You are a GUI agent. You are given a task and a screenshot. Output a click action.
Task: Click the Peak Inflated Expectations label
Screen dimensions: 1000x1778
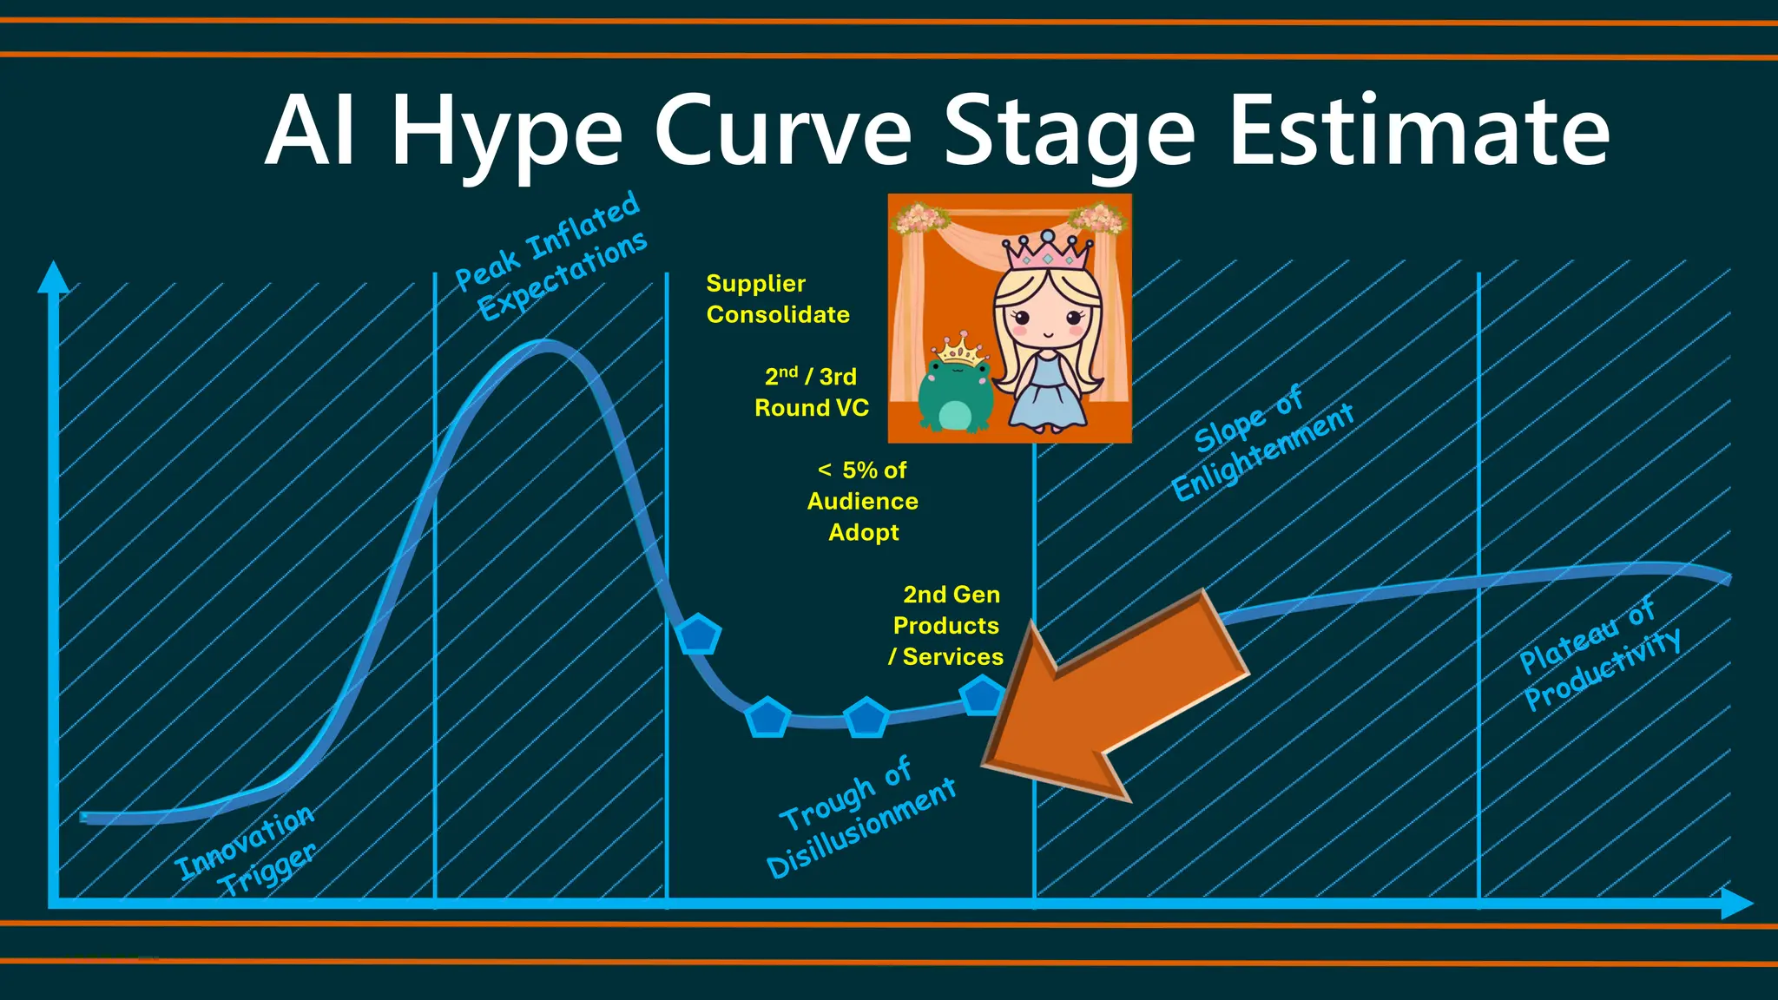click(x=552, y=255)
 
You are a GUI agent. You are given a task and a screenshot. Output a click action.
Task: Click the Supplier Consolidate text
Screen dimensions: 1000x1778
click(x=777, y=299)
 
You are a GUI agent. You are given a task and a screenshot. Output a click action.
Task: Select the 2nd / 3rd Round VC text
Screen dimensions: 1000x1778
click(x=811, y=392)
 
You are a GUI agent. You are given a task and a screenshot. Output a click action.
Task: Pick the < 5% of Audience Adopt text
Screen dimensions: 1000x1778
click(x=863, y=501)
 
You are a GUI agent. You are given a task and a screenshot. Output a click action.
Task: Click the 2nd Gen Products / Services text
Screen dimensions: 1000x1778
click(x=947, y=625)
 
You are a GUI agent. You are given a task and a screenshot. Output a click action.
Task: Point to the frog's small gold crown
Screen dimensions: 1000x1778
click(x=961, y=349)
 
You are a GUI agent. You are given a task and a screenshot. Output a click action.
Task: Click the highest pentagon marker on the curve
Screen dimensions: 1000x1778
click(x=698, y=635)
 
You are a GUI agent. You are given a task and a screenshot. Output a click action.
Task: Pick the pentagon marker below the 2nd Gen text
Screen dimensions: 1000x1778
click(x=982, y=695)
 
